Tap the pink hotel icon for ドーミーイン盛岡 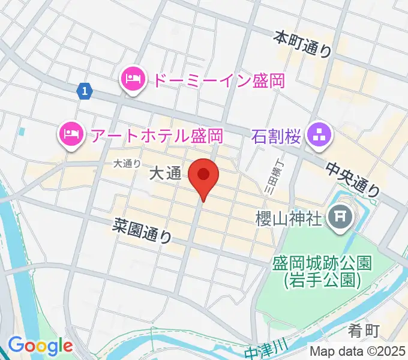[133, 79]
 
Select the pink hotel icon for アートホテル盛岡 [71, 134]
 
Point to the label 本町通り [303, 45]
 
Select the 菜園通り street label [141, 230]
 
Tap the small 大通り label [127, 163]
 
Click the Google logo [40, 346]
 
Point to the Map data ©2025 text [358, 351]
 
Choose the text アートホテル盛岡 [157, 134]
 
